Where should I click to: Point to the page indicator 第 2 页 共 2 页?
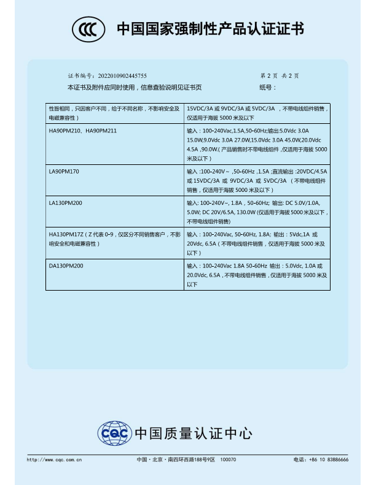pyautogui.click(x=279, y=75)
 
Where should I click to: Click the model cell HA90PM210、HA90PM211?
pyautogui.click(x=82, y=131)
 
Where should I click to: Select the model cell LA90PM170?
pyautogui.click(x=64, y=171)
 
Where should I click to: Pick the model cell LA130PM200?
pyautogui.click(x=66, y=202)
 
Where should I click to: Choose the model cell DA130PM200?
pyautogui.click(x=66, y=265)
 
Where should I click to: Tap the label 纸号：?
pyautogui.click(x=268, y=87)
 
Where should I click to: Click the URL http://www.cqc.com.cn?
pyautogui.click(x=54, y=459)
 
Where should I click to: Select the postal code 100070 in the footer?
pyautogui.click(x=228, y=459)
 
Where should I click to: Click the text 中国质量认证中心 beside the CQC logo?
pyautogui.click(x=193, y=434)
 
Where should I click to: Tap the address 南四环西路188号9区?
pyautogui.click(x=190, y=459)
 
